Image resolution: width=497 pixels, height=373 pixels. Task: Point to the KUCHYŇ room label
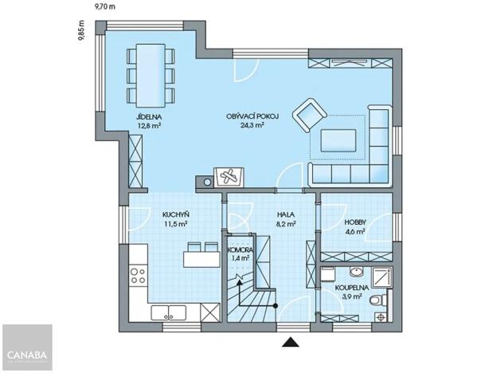[175, 215]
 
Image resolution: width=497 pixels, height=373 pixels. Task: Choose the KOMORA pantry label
[239, 249]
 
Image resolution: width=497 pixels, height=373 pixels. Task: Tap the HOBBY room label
[355, 222]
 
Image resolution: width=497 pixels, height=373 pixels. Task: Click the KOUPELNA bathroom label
[350, 286]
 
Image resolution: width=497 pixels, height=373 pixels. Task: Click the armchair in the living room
[307, 115]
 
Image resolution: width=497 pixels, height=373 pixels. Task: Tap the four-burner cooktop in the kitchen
[138, 276]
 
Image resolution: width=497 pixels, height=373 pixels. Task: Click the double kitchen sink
[169, 312]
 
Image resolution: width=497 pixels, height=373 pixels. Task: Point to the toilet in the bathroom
[380, 300]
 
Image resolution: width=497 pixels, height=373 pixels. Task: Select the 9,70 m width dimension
[104, 6]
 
